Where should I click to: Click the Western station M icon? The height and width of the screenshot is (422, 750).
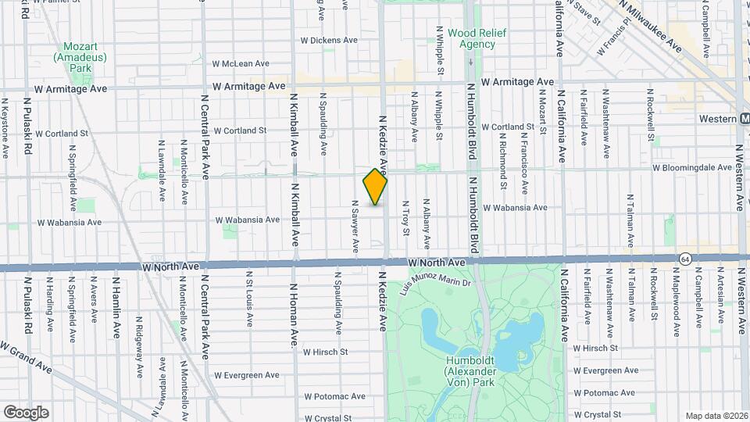[x=745, y=118]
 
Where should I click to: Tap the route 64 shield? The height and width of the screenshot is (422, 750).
[x=685, y=258]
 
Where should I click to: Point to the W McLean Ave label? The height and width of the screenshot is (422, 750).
[x=241, y=64]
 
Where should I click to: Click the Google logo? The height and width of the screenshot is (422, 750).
[x=26, y=412]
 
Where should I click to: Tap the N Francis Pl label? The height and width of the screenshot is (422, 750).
[x=613, y=40]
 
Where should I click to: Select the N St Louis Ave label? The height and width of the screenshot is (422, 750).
[x=249, y=297]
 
